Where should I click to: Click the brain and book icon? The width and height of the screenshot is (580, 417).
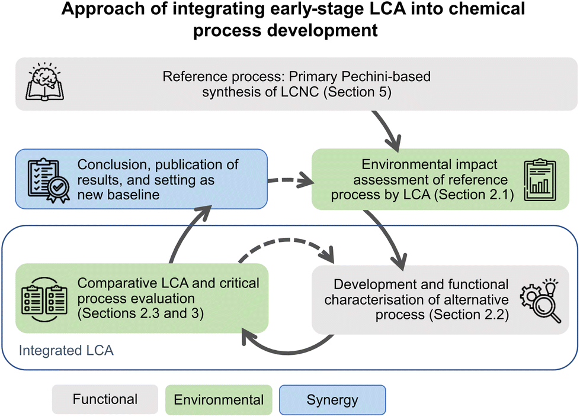(45, 82)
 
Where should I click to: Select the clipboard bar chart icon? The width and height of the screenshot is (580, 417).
(540, 180)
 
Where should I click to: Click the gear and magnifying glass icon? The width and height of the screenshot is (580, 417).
(541, 300)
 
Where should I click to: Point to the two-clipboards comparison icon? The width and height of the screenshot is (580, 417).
(44, 299)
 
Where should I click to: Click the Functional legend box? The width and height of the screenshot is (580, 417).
(105, 399)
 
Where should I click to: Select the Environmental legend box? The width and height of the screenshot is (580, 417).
(219, 400)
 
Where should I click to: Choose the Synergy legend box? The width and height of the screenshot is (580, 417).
(332, 400)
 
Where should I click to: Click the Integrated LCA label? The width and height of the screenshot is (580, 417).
(66, 351)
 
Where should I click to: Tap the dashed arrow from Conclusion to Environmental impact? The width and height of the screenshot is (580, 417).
(291, 180)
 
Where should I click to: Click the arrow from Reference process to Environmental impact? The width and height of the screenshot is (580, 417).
(387, 130)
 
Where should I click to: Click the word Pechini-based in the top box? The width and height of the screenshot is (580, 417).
(386, 76)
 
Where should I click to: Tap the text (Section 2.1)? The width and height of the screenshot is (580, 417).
(474, 195)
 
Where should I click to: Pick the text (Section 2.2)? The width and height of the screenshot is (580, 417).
(469, 315)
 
